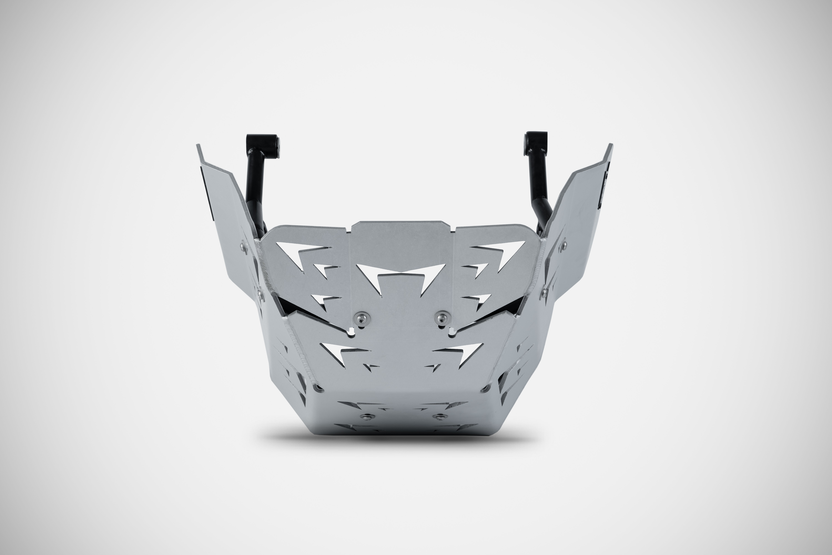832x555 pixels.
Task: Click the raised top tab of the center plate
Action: pyautogui.click(x=401, y=230)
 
